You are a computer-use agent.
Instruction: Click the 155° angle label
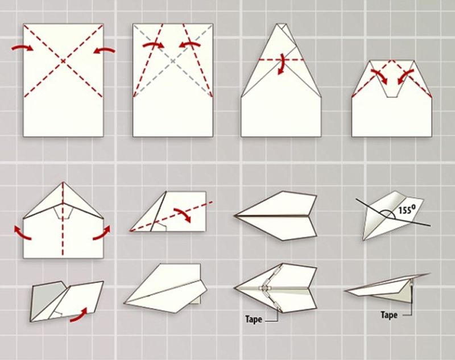point(405,209)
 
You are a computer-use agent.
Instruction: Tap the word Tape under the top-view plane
point(254,320)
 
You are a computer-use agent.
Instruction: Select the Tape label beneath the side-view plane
point(389,315)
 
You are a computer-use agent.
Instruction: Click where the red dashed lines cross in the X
point(63,61)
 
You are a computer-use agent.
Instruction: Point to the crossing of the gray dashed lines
point(173,61)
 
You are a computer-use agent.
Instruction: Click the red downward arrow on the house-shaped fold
point(281,64)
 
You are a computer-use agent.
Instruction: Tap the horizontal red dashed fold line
point(281,60)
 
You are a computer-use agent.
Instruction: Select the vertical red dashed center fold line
point(63,220)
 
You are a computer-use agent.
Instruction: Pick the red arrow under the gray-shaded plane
point(79,316)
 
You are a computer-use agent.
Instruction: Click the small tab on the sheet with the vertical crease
point(63,213)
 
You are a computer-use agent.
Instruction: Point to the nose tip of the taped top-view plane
point(234,288)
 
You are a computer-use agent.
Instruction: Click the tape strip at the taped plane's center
point(264,288)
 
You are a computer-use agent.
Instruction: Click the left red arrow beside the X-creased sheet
point(22,48)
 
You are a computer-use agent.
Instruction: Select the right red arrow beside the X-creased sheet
point(104,51)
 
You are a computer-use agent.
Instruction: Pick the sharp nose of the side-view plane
point(345,291)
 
